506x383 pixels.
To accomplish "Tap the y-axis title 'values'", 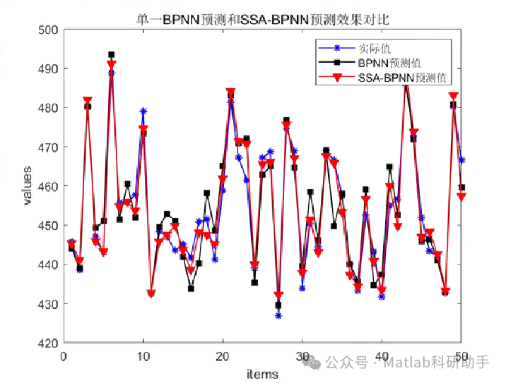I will pyautogui.click(x=28, y=186).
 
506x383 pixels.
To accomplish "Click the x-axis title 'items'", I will pyautogui.click(x=262, y=374).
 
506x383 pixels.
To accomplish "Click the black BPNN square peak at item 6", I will pyautogui.click(x=112, y=54).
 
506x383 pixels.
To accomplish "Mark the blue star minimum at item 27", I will pyautogui.click(x=278, y=315).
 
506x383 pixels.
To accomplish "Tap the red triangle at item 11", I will pyautogui.click(x=151, y=293).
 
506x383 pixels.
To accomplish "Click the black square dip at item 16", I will pyautogui.click(x=191, y=288).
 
